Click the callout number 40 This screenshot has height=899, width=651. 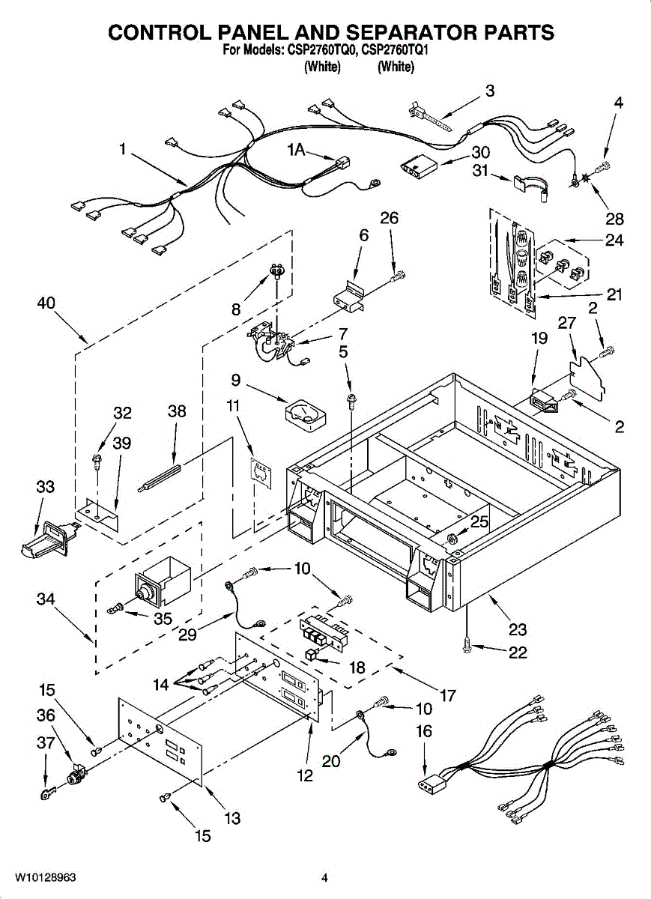pyautogui.click(x=47, y=303)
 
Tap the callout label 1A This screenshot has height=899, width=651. pyautogui.click(x=297, y=151)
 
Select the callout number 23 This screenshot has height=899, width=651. pyautogui.click(x=517, y=629)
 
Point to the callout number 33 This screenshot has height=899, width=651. pyautogui.click(x=45, y=487)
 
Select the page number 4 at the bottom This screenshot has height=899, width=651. pyautogui.click(x=324, y=877)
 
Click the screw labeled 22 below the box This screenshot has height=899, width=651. pyautogui.click(x=468, y=643)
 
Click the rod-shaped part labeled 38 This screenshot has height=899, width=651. pyautogui.click(x=161, y=477)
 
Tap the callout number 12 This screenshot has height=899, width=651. pyautogui.click(x=305, y=776)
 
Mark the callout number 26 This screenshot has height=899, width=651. pyautogui.click(x=389, y=218)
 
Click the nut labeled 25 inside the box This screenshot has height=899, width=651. pyautogui.click(x=452, y=539)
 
